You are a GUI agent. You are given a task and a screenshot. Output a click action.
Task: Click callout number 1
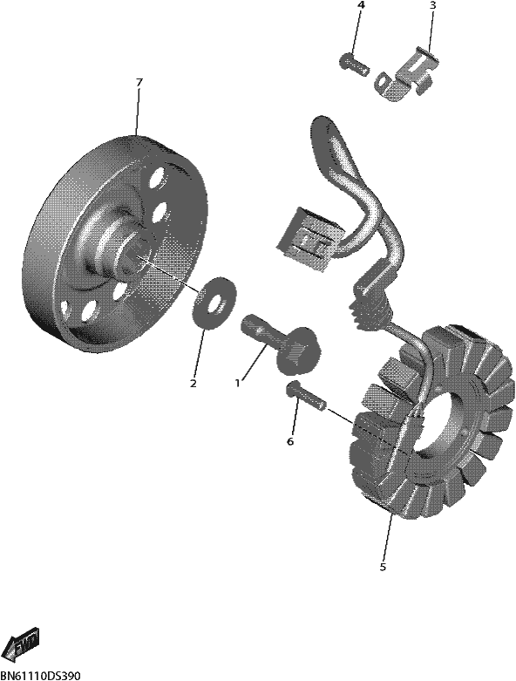click(x=237, y=383)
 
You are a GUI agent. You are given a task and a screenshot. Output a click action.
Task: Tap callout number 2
click(x=193, y=384)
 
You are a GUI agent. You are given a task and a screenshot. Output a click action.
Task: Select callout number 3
click(x=432, y=5)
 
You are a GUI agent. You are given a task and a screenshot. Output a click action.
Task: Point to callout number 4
click(x=361, y=5)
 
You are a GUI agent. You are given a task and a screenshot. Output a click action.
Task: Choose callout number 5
click(x=383, y=568)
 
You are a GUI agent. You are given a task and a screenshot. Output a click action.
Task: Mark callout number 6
click(x=290, y=442)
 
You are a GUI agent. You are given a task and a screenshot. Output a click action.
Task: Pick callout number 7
click(x=139, y=82)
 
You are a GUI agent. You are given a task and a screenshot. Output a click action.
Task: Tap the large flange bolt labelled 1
click(x=282, y=343)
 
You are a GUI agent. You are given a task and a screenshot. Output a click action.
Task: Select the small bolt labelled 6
click(x=306, y=395)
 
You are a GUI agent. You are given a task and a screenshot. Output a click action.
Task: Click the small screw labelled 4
click(x=354, y=64)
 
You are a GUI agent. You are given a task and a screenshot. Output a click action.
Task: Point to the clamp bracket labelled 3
click(x=406, y=74)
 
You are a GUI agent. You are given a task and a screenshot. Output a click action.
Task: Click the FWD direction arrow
click(x=24, y=641)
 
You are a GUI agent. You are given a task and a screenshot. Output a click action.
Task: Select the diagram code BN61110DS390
click(x=40, y=676)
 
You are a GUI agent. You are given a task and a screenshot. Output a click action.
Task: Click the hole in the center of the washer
click(x=215, y=303)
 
